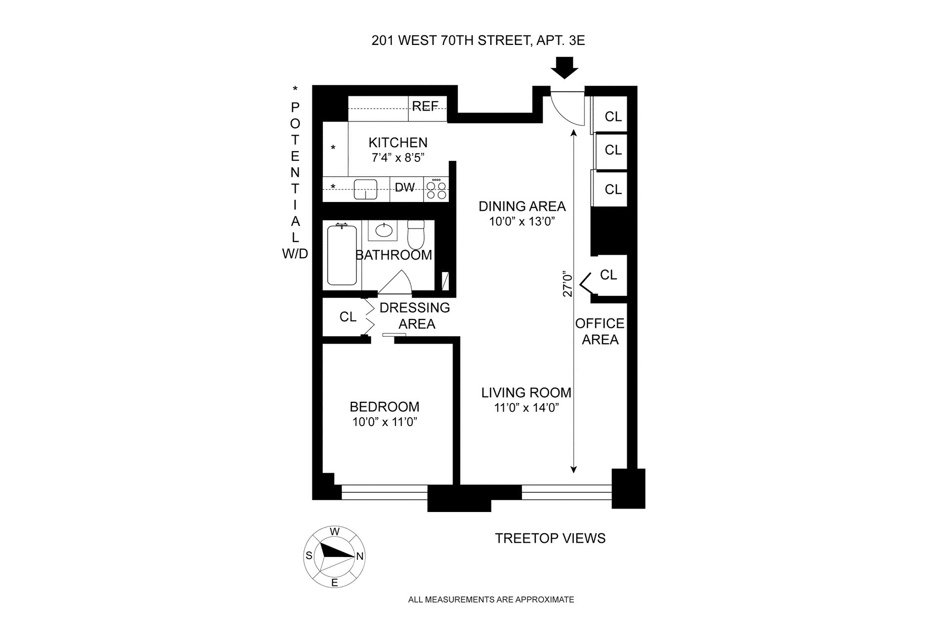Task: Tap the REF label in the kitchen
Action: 425,106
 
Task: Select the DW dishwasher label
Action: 404,188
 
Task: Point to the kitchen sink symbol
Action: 365,190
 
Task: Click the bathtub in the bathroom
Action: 342,255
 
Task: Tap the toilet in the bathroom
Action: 416,235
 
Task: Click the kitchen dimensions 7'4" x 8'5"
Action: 398,158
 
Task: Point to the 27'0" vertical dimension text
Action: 567,285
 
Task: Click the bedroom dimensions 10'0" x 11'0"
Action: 385,422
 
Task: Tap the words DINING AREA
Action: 522,206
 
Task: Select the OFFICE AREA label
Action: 600,331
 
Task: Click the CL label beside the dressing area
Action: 348,317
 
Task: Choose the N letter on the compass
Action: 360,556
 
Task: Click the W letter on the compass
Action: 335,532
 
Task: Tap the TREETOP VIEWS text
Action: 550,538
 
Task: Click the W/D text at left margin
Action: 295,254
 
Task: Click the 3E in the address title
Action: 577,40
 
